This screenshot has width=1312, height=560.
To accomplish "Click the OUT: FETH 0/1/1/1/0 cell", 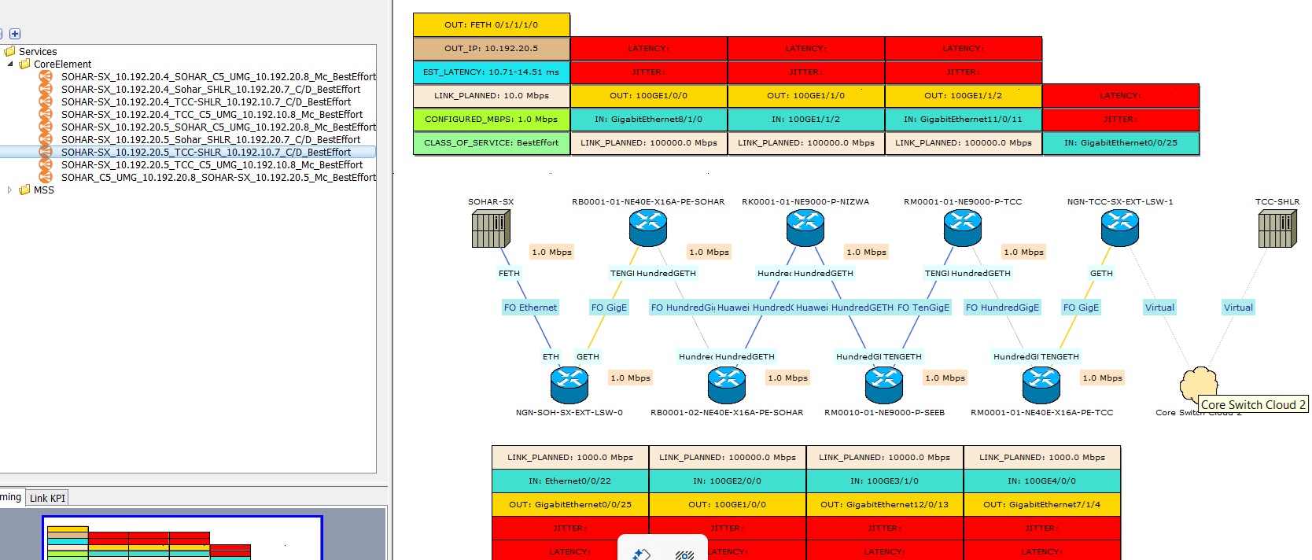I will (x=491, y=24).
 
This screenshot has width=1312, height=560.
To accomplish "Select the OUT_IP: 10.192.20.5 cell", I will (x=491, y=48).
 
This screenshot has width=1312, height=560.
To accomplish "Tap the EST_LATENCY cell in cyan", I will (x=491, y=72).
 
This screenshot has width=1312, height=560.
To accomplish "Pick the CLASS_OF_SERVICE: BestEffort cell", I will (x=491, y=142).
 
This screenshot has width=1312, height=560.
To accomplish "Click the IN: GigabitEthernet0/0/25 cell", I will (x=1120, y=142).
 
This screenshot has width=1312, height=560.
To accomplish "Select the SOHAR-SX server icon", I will (x=491, y=229).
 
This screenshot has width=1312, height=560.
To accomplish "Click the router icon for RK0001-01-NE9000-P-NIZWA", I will (x=805, y=229).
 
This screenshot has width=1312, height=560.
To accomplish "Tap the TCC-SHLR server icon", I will (x=1277, y=229).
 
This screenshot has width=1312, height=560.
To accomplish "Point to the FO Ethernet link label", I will (x=530, y=308).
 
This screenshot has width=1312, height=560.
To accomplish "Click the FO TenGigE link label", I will (x=923, y=308).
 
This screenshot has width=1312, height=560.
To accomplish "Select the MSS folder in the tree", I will (x=43, y=190).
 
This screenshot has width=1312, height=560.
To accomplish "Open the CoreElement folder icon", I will (x=24, y=64).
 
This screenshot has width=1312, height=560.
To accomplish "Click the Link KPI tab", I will (x=47, y=498).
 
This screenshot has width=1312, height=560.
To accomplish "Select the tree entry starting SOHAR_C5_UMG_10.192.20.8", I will (x=218, y=177).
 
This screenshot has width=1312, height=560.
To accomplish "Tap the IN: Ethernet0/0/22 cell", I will (x=569, y=481).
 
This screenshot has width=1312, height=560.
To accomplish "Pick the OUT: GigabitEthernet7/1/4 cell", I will (x=1041, y=504).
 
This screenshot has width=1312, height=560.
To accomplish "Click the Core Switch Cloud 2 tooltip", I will (x=1252, y=404).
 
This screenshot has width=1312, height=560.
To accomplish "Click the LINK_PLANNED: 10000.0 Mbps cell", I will (x=884, y=457).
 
